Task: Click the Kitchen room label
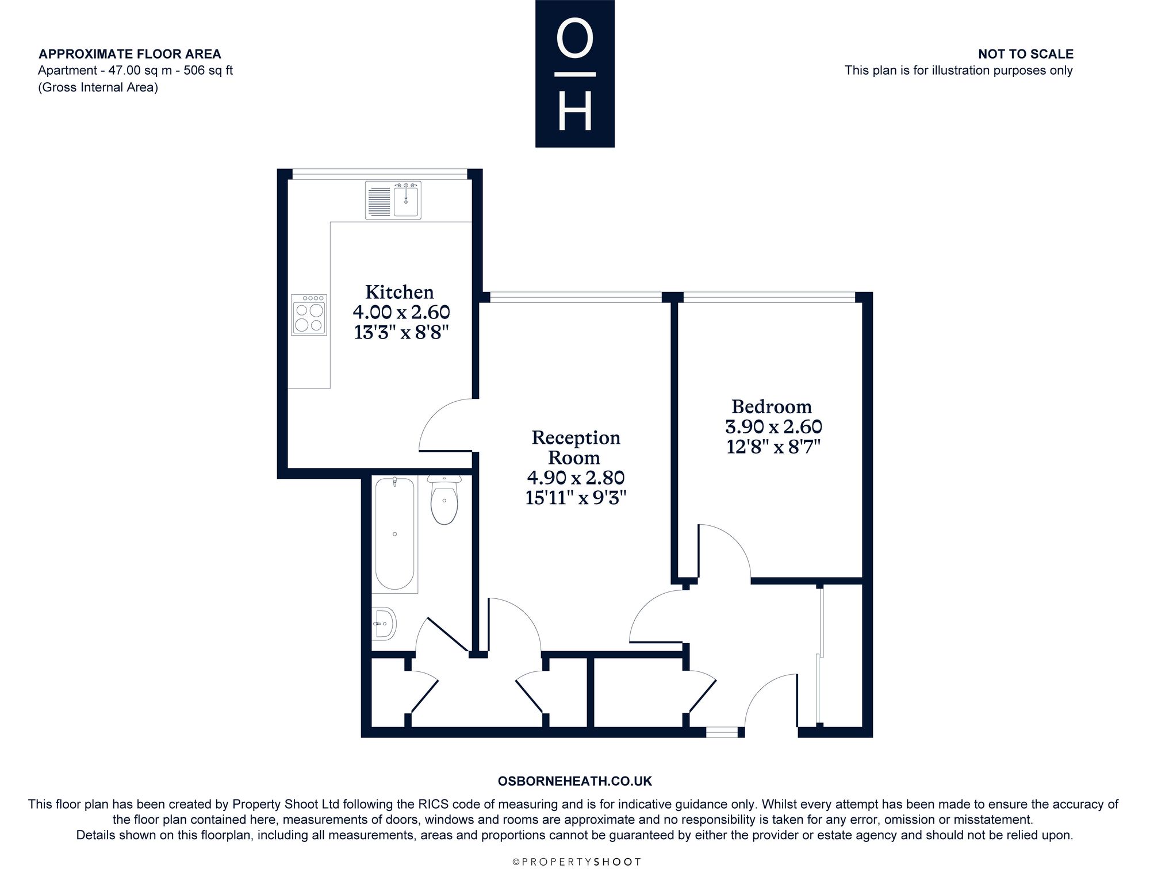pyautogui.click(x=400, y=292)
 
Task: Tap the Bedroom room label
pyautogui.click(x=772, y=407)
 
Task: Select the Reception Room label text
pyautogui.click(x=576, y=447)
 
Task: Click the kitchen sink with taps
pyautogui.click(x=393, y=200)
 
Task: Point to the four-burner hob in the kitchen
pyautogui.click(x=309, y=315)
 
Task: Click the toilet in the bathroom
pyautogui.click(x=444, y=499)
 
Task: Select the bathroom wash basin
pyautogui.click(x=384, y=623)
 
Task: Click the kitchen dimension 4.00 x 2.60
pyautogui.click(x=401, y=312)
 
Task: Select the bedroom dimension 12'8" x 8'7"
pyautogui.click(x=773, y=447)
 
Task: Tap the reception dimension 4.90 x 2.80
pyautogui.click(x=576, y=478)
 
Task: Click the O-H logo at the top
pyautogui.click(x=575, y=74)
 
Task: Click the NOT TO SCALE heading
pyautogui.click(x=1026, y=54)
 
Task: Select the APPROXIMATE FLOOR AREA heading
pyautogui.click(x=130, y=54)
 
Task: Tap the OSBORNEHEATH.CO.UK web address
pyautogui.click(x=575, y=781)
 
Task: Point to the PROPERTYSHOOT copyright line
pyautogui.click(x=576, y=862)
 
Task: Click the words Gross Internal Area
pyautogui.click(x=98, y=87)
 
